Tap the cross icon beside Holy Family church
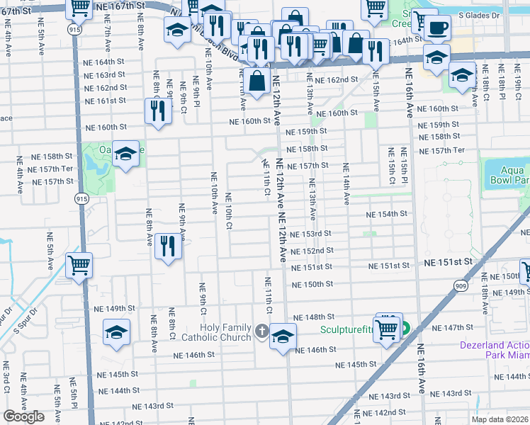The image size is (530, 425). (261, 331)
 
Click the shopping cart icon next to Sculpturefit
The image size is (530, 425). (386, 328)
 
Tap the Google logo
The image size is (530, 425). (23, 416)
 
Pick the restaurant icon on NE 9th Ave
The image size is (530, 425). (167, 246)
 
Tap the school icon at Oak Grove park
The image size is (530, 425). (125, 154)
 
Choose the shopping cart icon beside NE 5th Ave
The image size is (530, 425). (79, 266)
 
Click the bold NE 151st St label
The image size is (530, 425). (447, 262)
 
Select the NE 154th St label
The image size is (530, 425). (386, 214)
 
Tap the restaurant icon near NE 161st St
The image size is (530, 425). (157, 110)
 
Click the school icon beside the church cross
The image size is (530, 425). (282, 336)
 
